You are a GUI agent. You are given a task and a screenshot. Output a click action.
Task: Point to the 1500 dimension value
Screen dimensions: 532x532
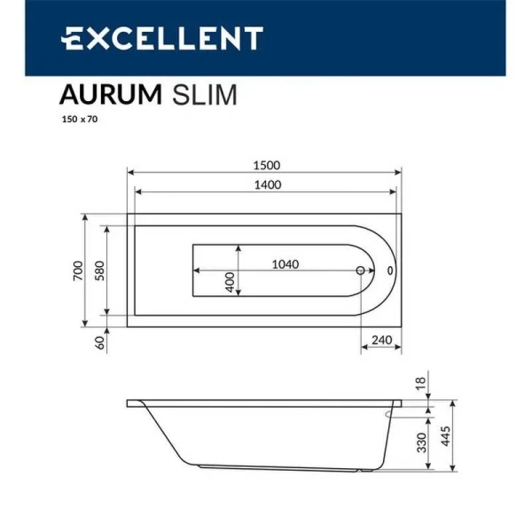tap(266, 165)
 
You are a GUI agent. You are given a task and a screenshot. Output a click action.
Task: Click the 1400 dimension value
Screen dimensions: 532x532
tap(266, 184)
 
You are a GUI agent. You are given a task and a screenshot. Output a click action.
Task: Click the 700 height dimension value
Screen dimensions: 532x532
tap(78, 270)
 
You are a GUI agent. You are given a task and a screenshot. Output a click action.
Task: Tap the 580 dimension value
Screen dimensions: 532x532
tap(100, 270)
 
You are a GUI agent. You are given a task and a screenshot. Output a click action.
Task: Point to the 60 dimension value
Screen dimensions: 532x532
tap(100, 340)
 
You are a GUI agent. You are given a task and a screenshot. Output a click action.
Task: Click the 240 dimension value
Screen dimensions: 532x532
tap(381, 340)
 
